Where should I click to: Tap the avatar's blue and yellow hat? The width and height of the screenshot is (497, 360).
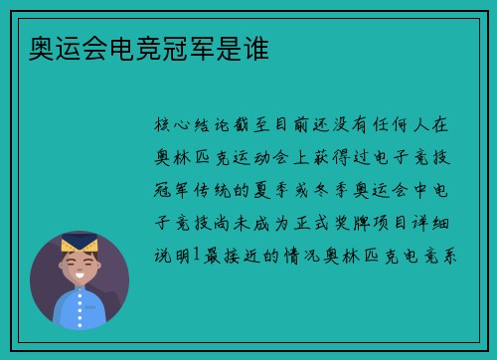click(80, 243)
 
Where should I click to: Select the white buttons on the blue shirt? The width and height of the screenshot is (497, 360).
click(80, 309)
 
